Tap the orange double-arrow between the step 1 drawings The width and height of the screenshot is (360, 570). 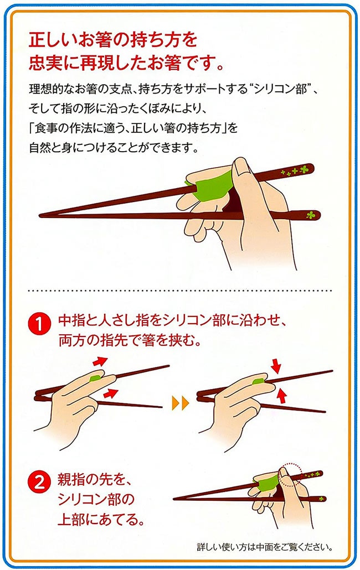tap(181, 403)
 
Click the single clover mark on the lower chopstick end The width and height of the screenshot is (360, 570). tap(311, 215)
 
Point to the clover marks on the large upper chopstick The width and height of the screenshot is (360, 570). tap(295, 170)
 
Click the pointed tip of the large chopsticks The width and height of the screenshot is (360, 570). tap(40, 216)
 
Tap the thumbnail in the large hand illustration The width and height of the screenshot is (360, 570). tap(239, 165)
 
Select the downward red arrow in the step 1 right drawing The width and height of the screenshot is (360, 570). tap(276, 365)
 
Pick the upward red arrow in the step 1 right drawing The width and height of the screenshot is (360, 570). tap(281, 396)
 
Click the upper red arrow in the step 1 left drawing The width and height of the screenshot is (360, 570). tap(100, 361)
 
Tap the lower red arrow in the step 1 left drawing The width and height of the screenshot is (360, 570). tap(111, 393)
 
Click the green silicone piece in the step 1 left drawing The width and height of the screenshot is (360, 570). tap(95, 379)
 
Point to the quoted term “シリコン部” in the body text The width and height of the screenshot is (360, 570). tap(280, 89)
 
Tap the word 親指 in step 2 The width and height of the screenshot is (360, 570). tap(73, 480)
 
